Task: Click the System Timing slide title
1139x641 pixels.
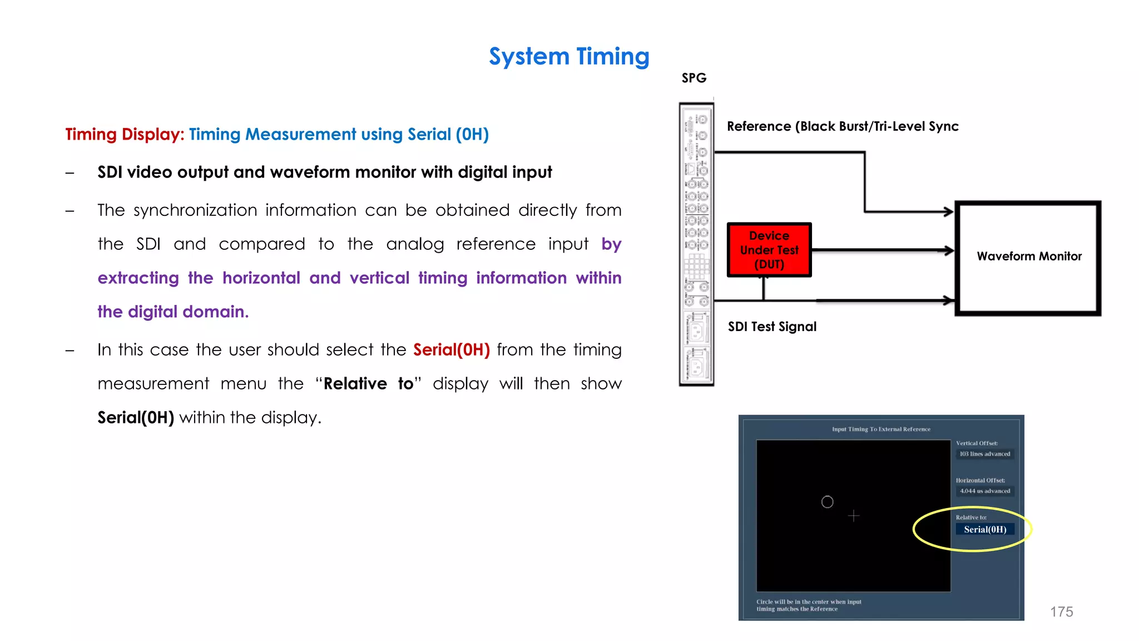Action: coord(569,57)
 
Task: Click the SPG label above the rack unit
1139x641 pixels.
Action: coord(694,78)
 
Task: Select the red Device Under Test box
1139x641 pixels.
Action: coord(769,250)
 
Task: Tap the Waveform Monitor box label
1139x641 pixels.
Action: coord(1029,257)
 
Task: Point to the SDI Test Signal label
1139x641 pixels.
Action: coord(772,327)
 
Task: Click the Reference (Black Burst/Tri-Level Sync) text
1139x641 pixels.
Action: coord(843,126)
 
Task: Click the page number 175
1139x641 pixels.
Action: coord(1061,612)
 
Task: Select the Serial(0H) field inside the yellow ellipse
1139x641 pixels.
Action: coord(985,529)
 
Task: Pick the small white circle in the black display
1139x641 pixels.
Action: coord(827,502)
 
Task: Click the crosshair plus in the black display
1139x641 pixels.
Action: coord(854,516)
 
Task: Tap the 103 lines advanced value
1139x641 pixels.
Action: coord(984,454)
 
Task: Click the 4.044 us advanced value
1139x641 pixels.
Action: coord(984,491)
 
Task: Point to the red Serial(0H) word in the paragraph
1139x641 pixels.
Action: coord(451,350)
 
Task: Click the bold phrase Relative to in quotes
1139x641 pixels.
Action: coord(368,384)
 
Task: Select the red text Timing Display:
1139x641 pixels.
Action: coord(125,135)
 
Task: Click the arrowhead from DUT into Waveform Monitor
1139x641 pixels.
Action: coord(949,250)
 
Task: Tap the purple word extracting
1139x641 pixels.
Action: coord(138,278)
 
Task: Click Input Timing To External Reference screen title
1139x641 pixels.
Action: coord(881,429)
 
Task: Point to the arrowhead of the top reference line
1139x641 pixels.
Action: coord(949,211)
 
